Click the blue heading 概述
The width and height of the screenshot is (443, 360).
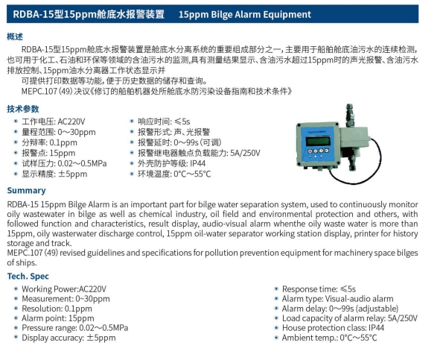coord(15,37)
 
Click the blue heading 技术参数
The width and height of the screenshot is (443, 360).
coord(23,109)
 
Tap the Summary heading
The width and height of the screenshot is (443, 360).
coord(26,191)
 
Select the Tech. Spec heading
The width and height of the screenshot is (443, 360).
coord(28,276)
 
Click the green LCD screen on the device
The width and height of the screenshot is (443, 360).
coord(318,141)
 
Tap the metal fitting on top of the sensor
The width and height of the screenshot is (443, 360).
coord(349,116)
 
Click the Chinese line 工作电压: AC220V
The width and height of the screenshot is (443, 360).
coord(54,121)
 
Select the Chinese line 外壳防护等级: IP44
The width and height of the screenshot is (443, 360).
coord(171,163)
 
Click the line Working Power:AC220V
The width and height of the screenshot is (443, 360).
coord(64,289)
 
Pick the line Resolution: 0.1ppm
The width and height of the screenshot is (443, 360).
coord(57,309)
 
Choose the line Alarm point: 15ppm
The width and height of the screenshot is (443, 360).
coord(58,318)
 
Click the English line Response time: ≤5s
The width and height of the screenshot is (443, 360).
coord(319,289)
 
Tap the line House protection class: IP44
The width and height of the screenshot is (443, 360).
coord(333,328)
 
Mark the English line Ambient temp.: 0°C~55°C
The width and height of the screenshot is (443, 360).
coord(329,338)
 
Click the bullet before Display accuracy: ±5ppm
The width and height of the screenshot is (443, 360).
coord(16,338)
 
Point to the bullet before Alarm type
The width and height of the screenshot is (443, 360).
coord(276,299)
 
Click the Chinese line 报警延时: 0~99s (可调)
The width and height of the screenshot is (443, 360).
coord(179,142)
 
